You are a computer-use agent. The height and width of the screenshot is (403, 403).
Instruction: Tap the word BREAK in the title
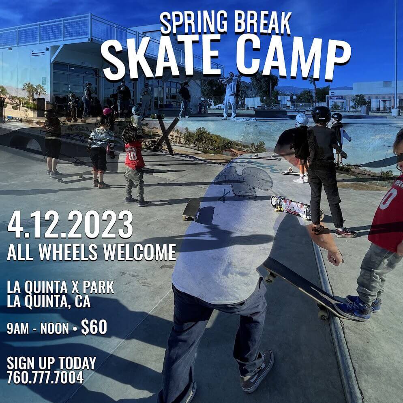pos(262,23)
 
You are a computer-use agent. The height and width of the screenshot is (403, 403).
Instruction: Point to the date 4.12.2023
pos(70,224)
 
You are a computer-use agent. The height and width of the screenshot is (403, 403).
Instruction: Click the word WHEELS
pos(69,252)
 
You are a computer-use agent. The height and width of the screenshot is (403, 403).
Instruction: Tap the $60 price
pos(94,327)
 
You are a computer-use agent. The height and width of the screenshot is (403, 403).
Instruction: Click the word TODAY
pos(77,363)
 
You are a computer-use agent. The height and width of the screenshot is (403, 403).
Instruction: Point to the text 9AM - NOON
pos(38,328)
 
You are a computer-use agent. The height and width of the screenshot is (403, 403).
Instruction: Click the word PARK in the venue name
pos(99,287)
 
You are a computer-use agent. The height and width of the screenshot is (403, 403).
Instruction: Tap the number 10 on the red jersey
pos(133,156)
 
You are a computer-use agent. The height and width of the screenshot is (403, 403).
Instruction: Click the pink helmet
pos(107,111)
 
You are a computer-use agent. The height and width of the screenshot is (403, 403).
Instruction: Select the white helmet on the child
pos(302,119)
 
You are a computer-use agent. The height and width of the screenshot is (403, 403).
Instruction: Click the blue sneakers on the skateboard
pos(358,307)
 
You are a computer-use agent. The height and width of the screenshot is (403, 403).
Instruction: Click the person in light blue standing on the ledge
pos(230,95)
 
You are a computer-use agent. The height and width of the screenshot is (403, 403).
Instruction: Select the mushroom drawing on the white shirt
pos(243,182)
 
